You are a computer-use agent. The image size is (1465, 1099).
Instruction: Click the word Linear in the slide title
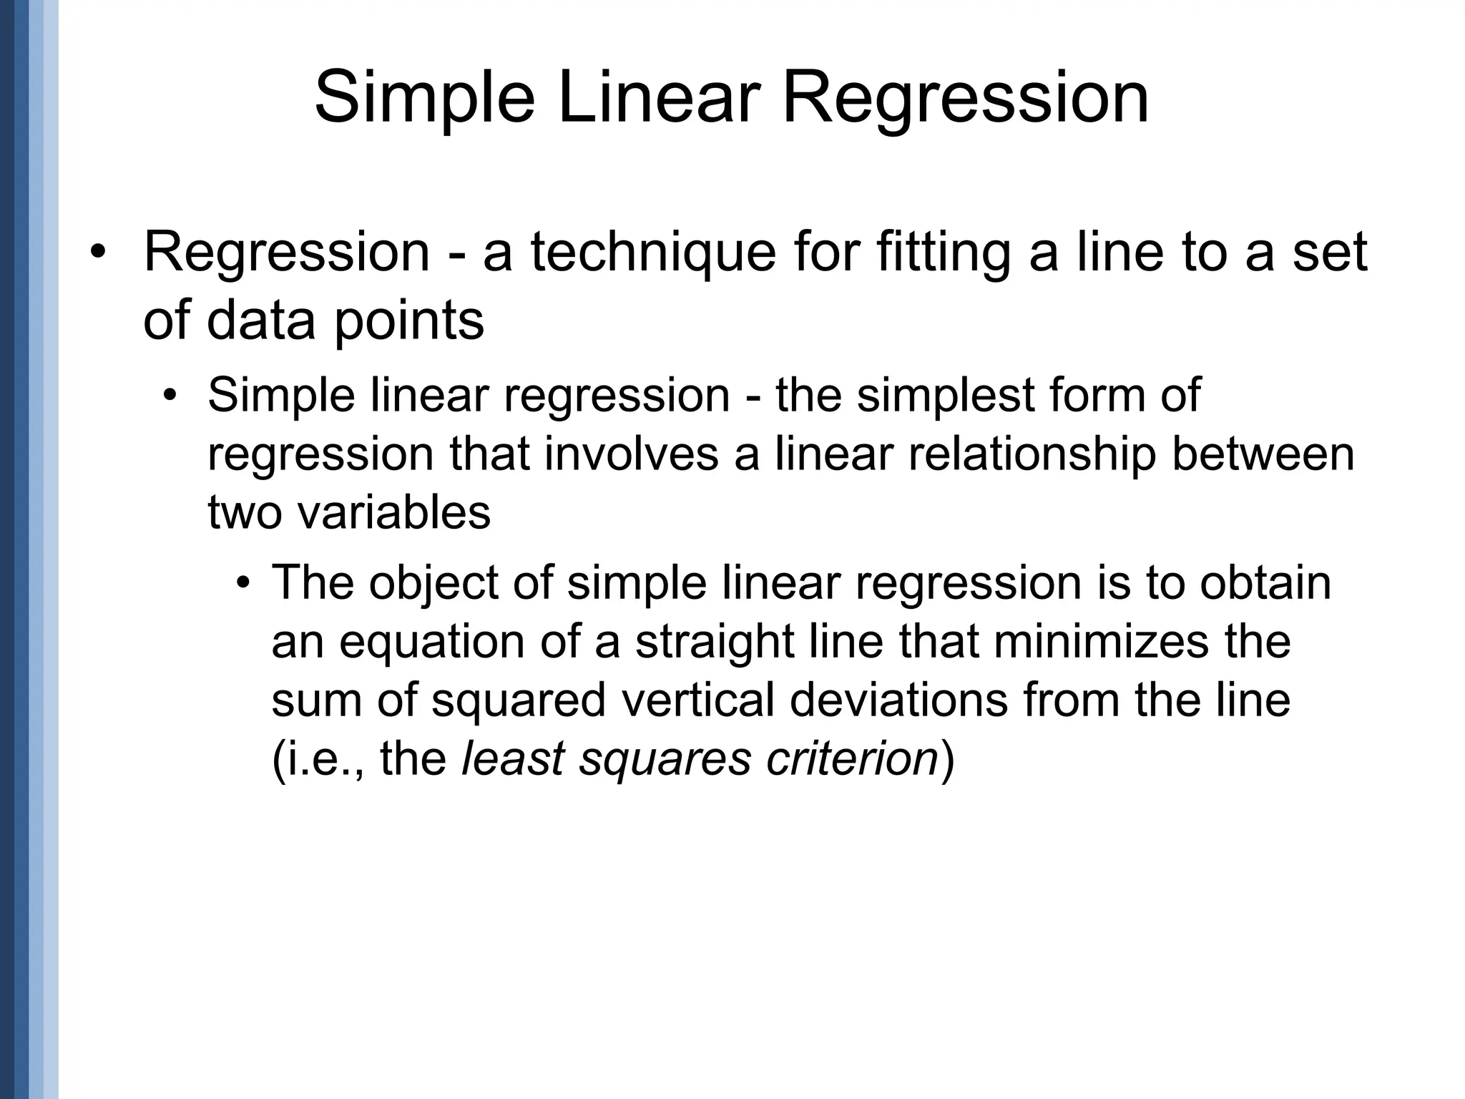click(x=656, y=98)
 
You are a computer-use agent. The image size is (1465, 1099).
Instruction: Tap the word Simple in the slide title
click(x=424, y=98)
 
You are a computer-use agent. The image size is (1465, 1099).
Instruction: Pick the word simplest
click(x=946, y=395)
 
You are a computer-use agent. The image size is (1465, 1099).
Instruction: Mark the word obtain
click(x=1265, y=582)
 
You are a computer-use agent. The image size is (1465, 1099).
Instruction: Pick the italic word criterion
click(x=852, y=758)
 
